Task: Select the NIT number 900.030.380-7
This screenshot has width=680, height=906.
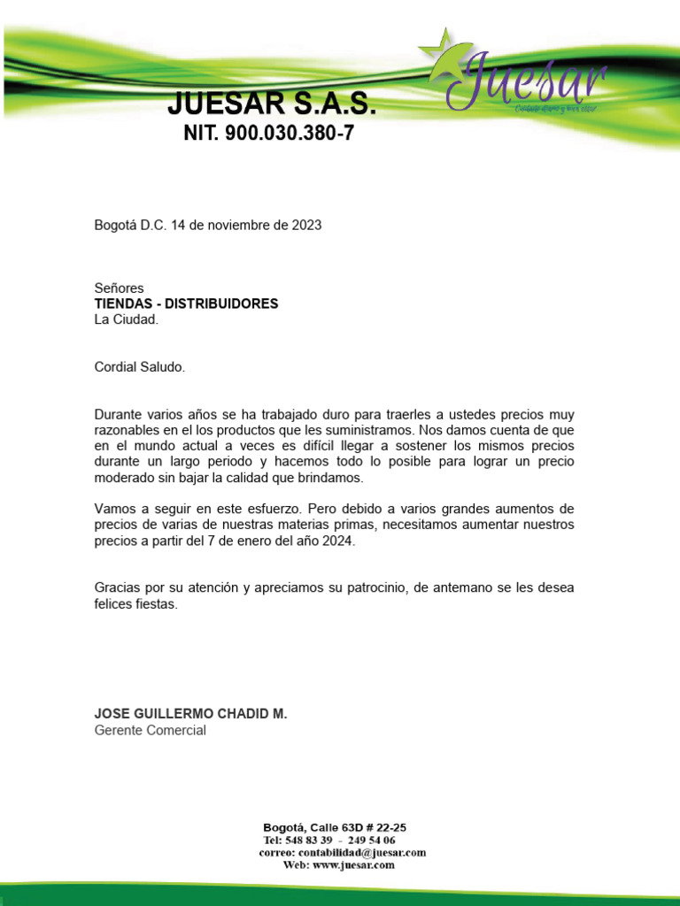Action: pos(291,134)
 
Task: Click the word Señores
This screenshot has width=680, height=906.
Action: pos(119,288)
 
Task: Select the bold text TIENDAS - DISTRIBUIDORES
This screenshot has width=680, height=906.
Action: pos(186,303)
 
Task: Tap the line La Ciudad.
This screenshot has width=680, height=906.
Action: pos(126,319)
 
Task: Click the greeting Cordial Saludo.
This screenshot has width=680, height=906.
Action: pos(140,366)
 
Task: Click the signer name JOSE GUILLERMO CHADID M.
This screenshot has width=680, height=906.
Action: pos(190,714)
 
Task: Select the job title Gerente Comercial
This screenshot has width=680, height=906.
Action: pos(150,731)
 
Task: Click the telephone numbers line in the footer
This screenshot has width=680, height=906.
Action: pos(329,840)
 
